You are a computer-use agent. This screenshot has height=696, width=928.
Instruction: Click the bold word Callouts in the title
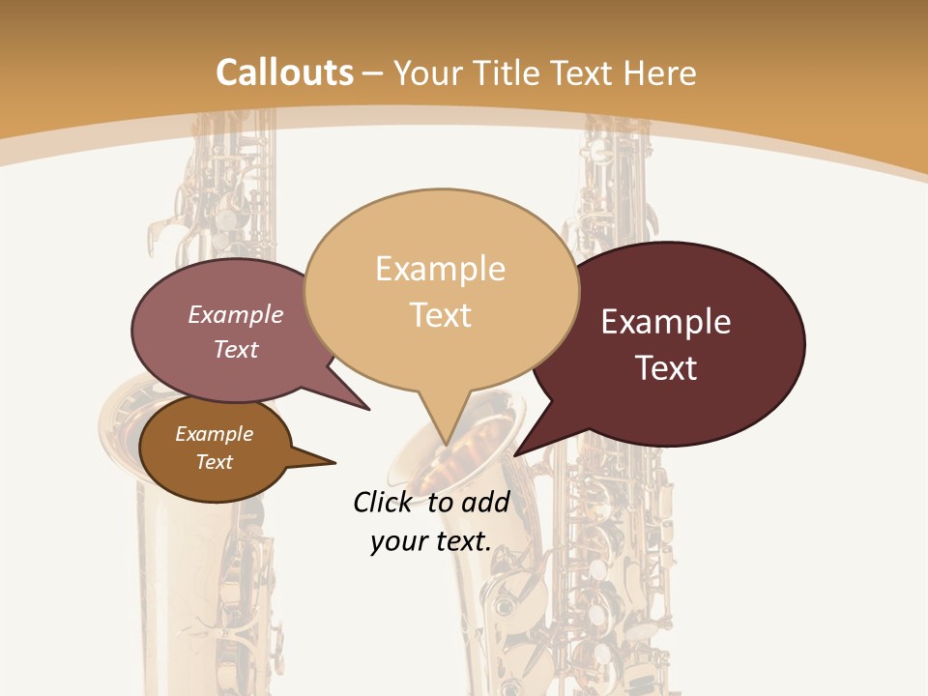(284, 72)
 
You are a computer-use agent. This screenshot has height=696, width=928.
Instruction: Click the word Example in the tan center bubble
(440, 269)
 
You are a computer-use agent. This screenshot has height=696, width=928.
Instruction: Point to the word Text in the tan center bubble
(441, 315)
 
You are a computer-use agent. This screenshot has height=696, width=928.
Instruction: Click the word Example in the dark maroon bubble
(666, 322)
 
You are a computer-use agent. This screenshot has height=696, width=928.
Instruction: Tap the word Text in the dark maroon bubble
(666, 368)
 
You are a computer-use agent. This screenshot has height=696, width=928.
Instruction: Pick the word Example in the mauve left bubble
(236, 315)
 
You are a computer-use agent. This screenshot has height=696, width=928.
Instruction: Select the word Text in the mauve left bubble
(236, 350)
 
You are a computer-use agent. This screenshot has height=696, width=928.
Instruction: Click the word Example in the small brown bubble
(215, 434)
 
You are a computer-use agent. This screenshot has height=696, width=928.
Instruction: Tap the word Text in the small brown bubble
(215, 462)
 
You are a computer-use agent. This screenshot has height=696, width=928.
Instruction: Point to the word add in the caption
(485, 502)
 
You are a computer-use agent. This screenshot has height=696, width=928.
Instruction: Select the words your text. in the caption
(431, 541)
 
